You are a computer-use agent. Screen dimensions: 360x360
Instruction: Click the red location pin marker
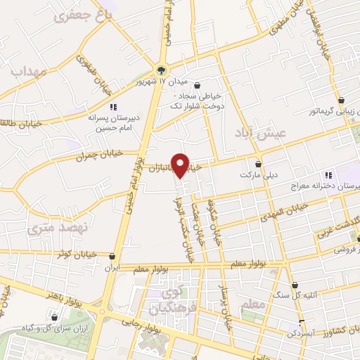point(181,165)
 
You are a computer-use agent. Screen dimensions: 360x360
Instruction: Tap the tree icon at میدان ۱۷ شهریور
point(162,70)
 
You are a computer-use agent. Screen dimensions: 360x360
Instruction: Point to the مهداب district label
point(27,71)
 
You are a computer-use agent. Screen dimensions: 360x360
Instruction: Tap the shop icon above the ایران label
point(112,258)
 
